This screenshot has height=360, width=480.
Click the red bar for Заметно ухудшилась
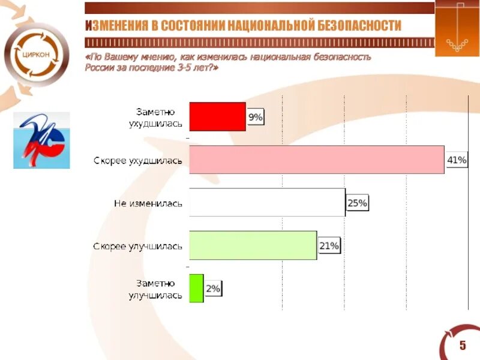click(x=217, y=116)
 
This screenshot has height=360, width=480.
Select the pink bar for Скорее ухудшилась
click(x=316, y=160)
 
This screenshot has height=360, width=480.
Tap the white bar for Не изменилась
click(x=267, y=203)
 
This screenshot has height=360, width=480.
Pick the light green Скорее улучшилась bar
click(x=253, y=245)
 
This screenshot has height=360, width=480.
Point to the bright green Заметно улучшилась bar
click(x=196, y=288)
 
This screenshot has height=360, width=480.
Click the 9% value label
click(x=255, y=118)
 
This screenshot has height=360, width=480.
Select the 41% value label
click(x=457, y=160)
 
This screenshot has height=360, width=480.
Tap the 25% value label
click(x=357, y=203)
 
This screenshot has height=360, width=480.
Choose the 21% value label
click(x=329, y=246)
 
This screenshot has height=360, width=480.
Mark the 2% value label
click(x=213, y=289)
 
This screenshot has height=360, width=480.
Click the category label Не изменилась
click(x=148, y=203)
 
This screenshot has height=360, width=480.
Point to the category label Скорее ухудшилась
click(x=137, y=160)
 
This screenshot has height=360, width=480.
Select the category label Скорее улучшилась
click(x=137, y=246)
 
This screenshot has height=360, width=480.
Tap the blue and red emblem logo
click(x=41, y=140)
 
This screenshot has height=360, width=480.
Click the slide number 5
click(x=463, y=344)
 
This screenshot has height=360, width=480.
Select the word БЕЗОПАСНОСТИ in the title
click(x=359, y=26)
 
